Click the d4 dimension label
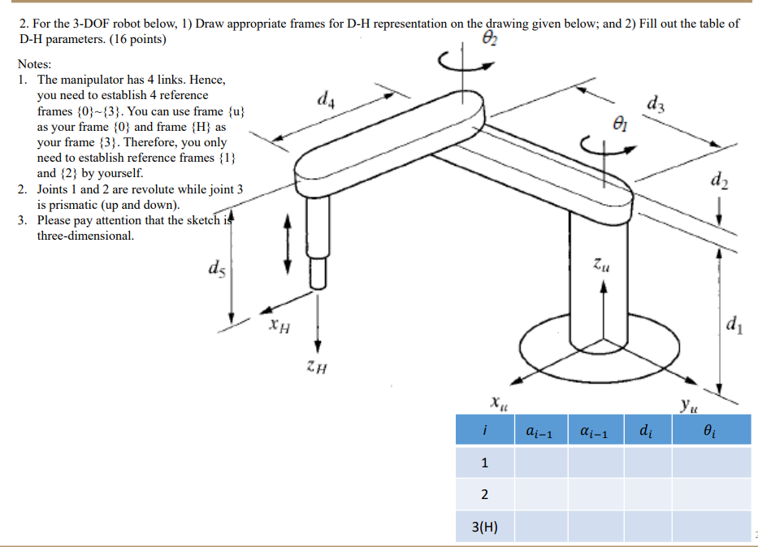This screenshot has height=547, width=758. tap(325, 101)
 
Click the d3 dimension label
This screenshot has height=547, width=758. tap(656, 103)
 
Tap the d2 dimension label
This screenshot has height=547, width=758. tap(718, 180)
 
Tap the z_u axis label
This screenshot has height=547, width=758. tap(600, 265)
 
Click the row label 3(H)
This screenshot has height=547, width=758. tap(485, 527)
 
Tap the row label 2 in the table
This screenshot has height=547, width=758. tap(485, 495)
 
